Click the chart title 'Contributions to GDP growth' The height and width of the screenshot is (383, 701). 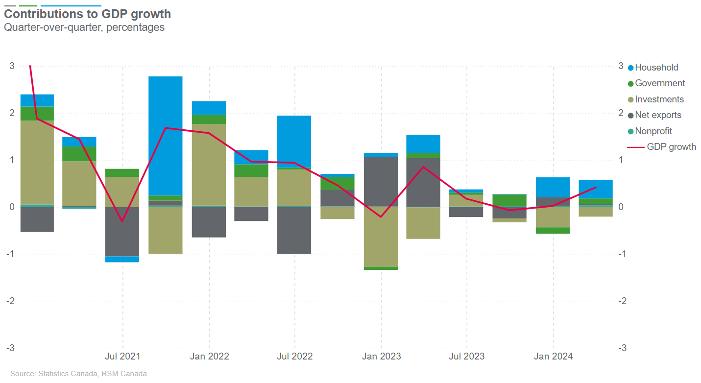(x=88, y=13)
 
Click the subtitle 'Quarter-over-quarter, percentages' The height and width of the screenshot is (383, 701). (x=84, y=27)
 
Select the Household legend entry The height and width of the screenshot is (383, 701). (x=656, y=68)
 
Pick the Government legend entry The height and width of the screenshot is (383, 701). (x=660, y=83)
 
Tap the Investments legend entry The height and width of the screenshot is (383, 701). (x=659, y=99)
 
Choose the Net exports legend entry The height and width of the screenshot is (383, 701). (x=658, y=115)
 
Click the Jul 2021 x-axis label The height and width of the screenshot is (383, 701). (x=122, y=356)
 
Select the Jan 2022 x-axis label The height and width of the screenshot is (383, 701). (x=209, y=356)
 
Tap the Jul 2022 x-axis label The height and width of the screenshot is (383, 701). (x=295, y=356)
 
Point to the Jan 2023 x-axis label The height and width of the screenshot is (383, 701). (x=381, y=356)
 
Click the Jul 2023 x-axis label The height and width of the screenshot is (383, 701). (x=466, y=356)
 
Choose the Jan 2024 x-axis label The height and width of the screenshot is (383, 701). (x=554, y=356)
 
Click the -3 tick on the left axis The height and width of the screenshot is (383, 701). (x=10, y=348)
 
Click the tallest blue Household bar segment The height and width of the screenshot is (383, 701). (x=166, y=136)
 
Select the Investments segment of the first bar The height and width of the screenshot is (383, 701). (x=37, y=162)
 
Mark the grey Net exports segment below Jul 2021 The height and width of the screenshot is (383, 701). (x=122, y=231)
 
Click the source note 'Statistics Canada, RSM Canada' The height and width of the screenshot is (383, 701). (x=78, y=374)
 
